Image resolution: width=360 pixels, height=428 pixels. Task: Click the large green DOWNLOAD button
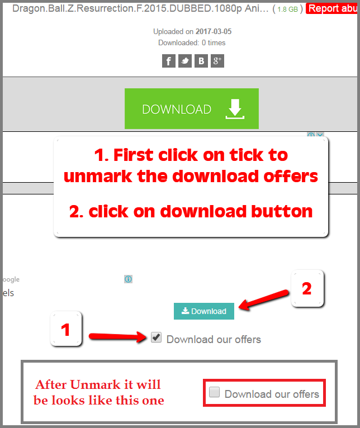pos(192,108)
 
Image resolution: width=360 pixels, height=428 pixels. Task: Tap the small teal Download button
pos(204,311)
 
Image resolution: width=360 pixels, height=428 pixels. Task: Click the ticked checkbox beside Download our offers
pos(156,337)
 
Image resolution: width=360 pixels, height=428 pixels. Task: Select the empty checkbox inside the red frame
pos(214,392)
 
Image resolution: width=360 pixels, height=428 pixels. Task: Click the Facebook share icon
pos(169,60)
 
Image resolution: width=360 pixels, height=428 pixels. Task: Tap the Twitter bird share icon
pos(185,60)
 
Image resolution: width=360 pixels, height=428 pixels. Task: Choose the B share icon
pos(201,60)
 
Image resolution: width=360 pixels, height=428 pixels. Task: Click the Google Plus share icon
pos(217,60)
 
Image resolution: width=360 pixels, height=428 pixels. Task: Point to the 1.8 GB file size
pos(288,9)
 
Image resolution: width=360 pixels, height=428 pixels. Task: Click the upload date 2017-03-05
pos(214,32)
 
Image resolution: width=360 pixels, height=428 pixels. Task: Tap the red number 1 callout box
pos(66,329)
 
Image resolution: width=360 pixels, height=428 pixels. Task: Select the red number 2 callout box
pos(307,288)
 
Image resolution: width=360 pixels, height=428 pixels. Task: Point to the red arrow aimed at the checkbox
pos(118,336)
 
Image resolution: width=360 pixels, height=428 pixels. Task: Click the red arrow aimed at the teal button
pos(264,299)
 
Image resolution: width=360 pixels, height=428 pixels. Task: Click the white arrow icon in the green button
pos(235,109)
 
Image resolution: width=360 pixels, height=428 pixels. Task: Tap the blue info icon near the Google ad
pos(129,279)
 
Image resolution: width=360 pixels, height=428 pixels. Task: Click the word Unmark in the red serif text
pos(96,384)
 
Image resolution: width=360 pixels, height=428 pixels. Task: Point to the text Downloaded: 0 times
pos(192,43)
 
